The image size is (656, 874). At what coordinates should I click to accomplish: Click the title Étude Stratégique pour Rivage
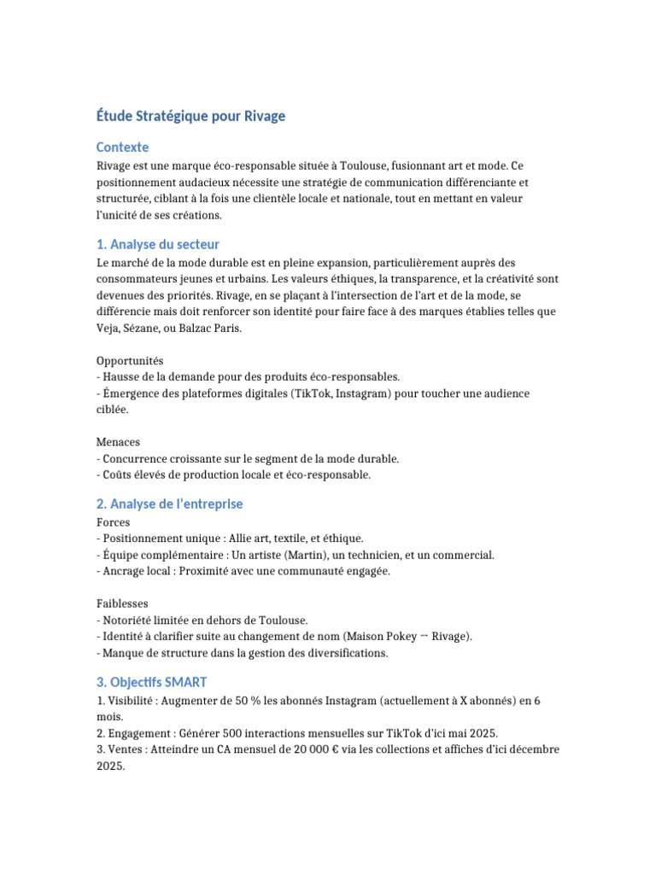tap(190, 116)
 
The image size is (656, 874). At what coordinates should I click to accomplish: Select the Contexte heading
tap(123, 147)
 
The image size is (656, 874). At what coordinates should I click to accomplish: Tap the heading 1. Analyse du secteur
tap(158, 245)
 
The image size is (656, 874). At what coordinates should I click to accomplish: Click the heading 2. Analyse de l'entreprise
tap(169, 504)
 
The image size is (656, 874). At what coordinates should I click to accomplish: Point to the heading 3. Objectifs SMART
tap(151, 682)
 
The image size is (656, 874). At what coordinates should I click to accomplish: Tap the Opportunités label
tap(130, 361)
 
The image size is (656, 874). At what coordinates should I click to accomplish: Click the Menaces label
tap(118, 442)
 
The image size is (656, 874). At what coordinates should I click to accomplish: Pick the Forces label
tap(114, 522)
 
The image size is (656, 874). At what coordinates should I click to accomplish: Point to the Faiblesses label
tap(123, 603)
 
